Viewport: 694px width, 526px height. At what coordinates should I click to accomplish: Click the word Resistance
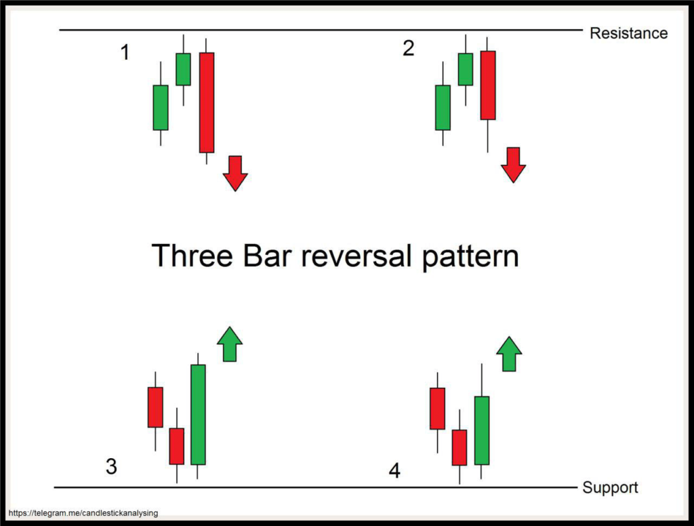[x=628, y=33]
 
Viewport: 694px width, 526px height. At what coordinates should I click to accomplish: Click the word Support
[x=610, y=487]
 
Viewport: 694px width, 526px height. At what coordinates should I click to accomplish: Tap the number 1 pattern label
[x=125, y=52]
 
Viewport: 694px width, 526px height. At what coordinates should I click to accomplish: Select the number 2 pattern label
[x=408, y=49]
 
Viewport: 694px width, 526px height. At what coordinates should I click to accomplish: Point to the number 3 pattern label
[x=112, y=466]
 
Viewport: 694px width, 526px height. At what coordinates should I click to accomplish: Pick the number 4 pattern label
[x=394, y=470]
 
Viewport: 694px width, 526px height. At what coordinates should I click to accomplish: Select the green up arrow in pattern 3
[x=229, y=344]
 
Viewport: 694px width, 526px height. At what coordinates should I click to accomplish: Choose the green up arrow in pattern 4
[x=509, y=354]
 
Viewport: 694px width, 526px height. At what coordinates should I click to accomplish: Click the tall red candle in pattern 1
[x=206, y=102]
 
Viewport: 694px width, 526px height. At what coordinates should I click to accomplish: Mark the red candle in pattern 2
[x=487, y=85]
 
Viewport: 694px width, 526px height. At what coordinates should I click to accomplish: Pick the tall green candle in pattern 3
[x=198, y=414]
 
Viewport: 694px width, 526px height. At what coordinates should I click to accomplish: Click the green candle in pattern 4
[x=481, y=430]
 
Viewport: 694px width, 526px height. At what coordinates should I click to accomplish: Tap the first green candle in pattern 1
[x=161, y=107]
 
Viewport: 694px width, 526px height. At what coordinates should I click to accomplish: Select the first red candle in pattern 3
[x=155, y=407]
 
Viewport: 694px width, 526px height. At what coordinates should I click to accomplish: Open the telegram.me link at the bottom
[x=85, y=513]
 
